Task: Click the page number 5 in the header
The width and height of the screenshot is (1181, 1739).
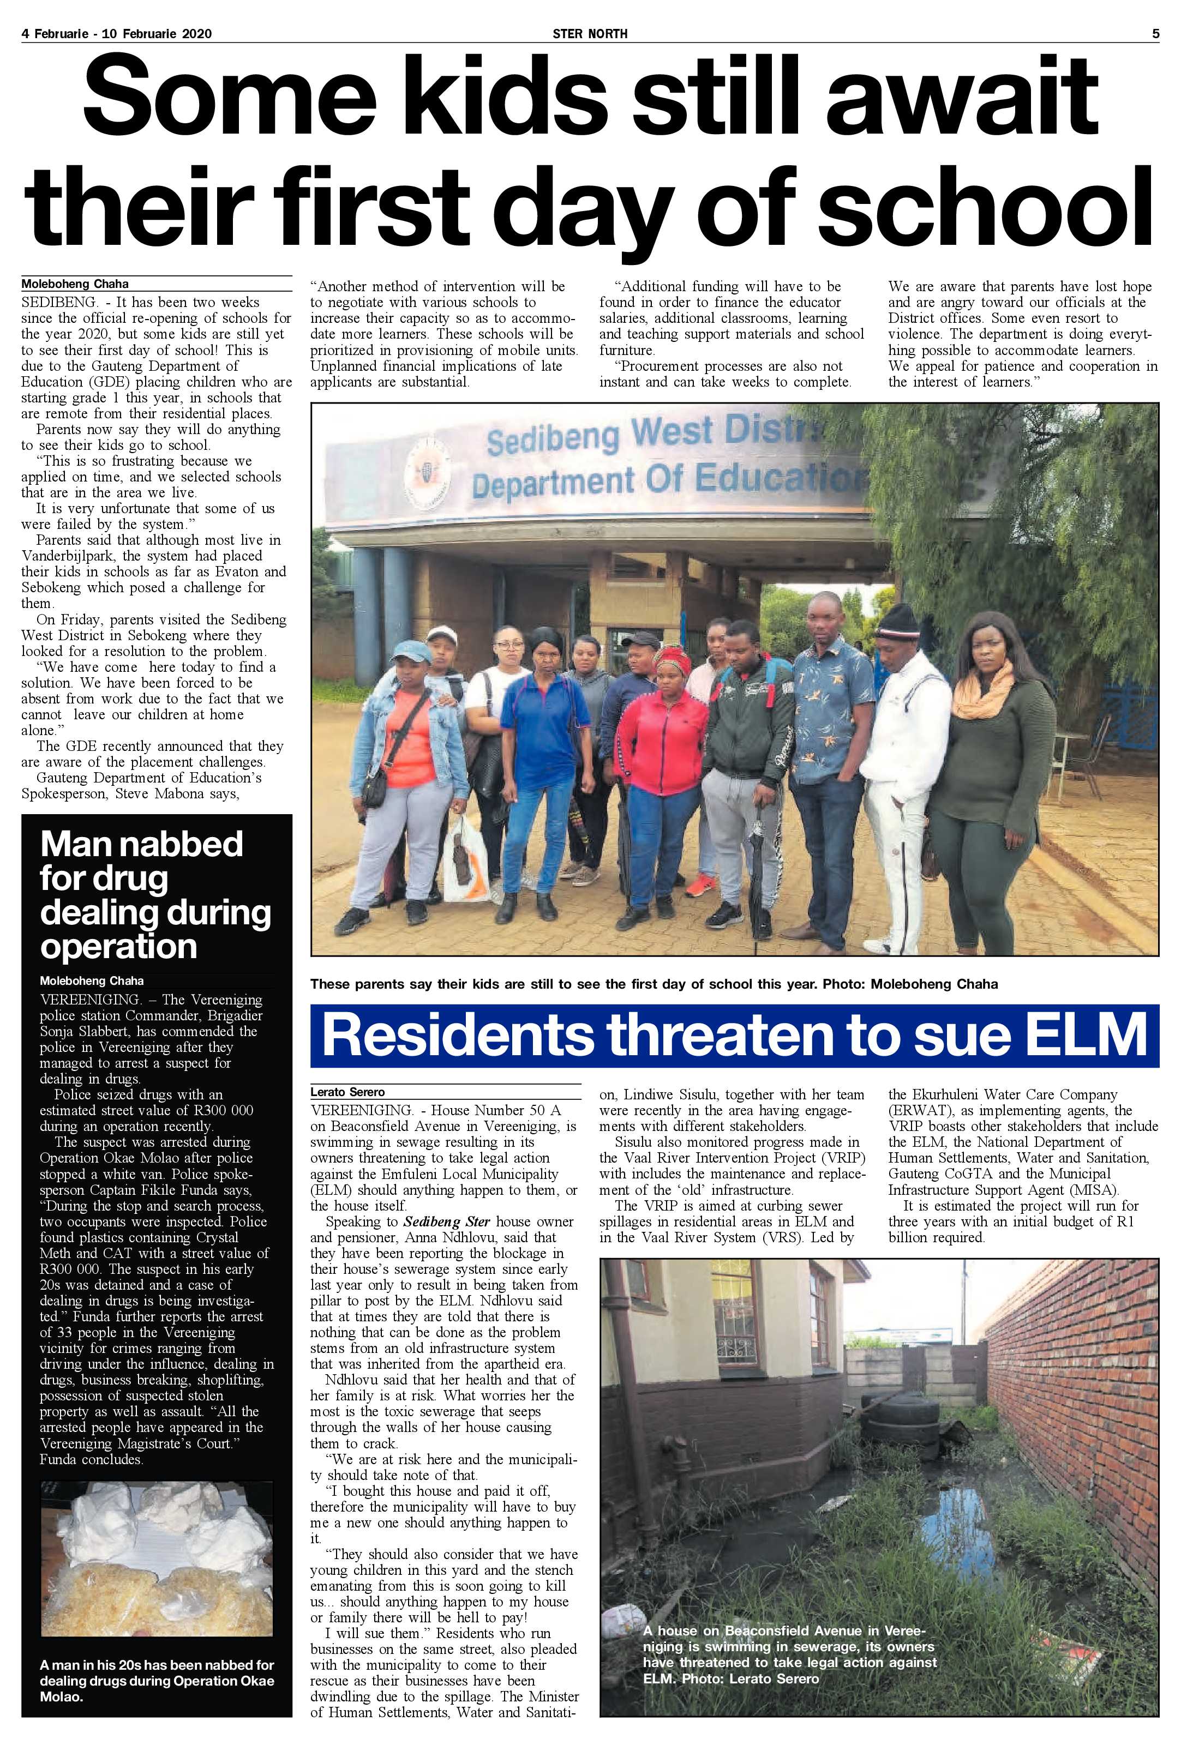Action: (1155, 34)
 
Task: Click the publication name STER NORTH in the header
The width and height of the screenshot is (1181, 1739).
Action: (590, 34)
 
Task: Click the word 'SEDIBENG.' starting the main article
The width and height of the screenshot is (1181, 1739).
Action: (57, 302)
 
